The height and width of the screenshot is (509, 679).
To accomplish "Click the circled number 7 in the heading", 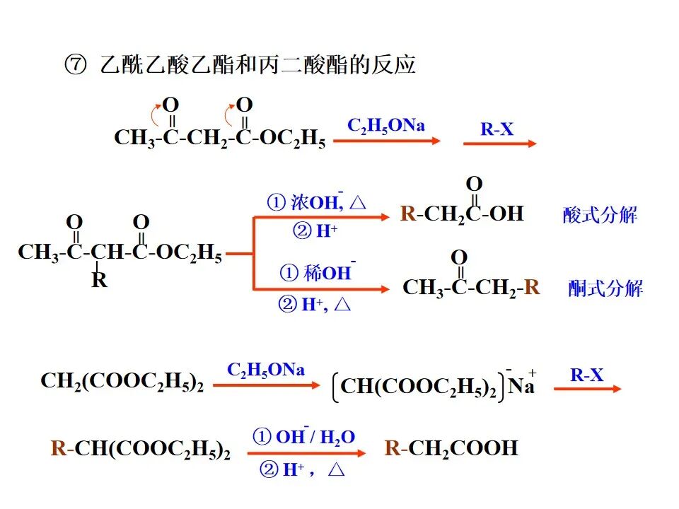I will [x=75, y=66].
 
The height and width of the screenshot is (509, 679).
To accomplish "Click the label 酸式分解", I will [x=600, y=215].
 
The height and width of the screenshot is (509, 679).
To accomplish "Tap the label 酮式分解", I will [x=605, y=288].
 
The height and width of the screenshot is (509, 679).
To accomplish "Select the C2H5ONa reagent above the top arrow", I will [x=386, y=126].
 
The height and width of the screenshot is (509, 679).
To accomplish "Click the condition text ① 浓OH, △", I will [x=316, y=203].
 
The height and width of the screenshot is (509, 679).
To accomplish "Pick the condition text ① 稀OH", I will [x=318, y=272].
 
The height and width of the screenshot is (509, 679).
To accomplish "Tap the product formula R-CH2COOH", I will [x=451, y=448].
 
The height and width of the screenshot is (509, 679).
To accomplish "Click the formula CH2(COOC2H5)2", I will [x=122, y=382].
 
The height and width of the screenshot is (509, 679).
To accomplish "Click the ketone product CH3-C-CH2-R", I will [x=471, y=287].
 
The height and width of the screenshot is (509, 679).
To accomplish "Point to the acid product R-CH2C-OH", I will [x=462, y=213].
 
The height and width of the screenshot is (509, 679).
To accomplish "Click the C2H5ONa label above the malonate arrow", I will [x=266, y=370].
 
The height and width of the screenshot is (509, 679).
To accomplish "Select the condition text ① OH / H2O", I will [x=304, y=438].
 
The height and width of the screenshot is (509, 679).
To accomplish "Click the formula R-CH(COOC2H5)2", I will [x=141, y=448].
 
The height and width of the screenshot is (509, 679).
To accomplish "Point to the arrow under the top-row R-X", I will [x=500, y=144].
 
